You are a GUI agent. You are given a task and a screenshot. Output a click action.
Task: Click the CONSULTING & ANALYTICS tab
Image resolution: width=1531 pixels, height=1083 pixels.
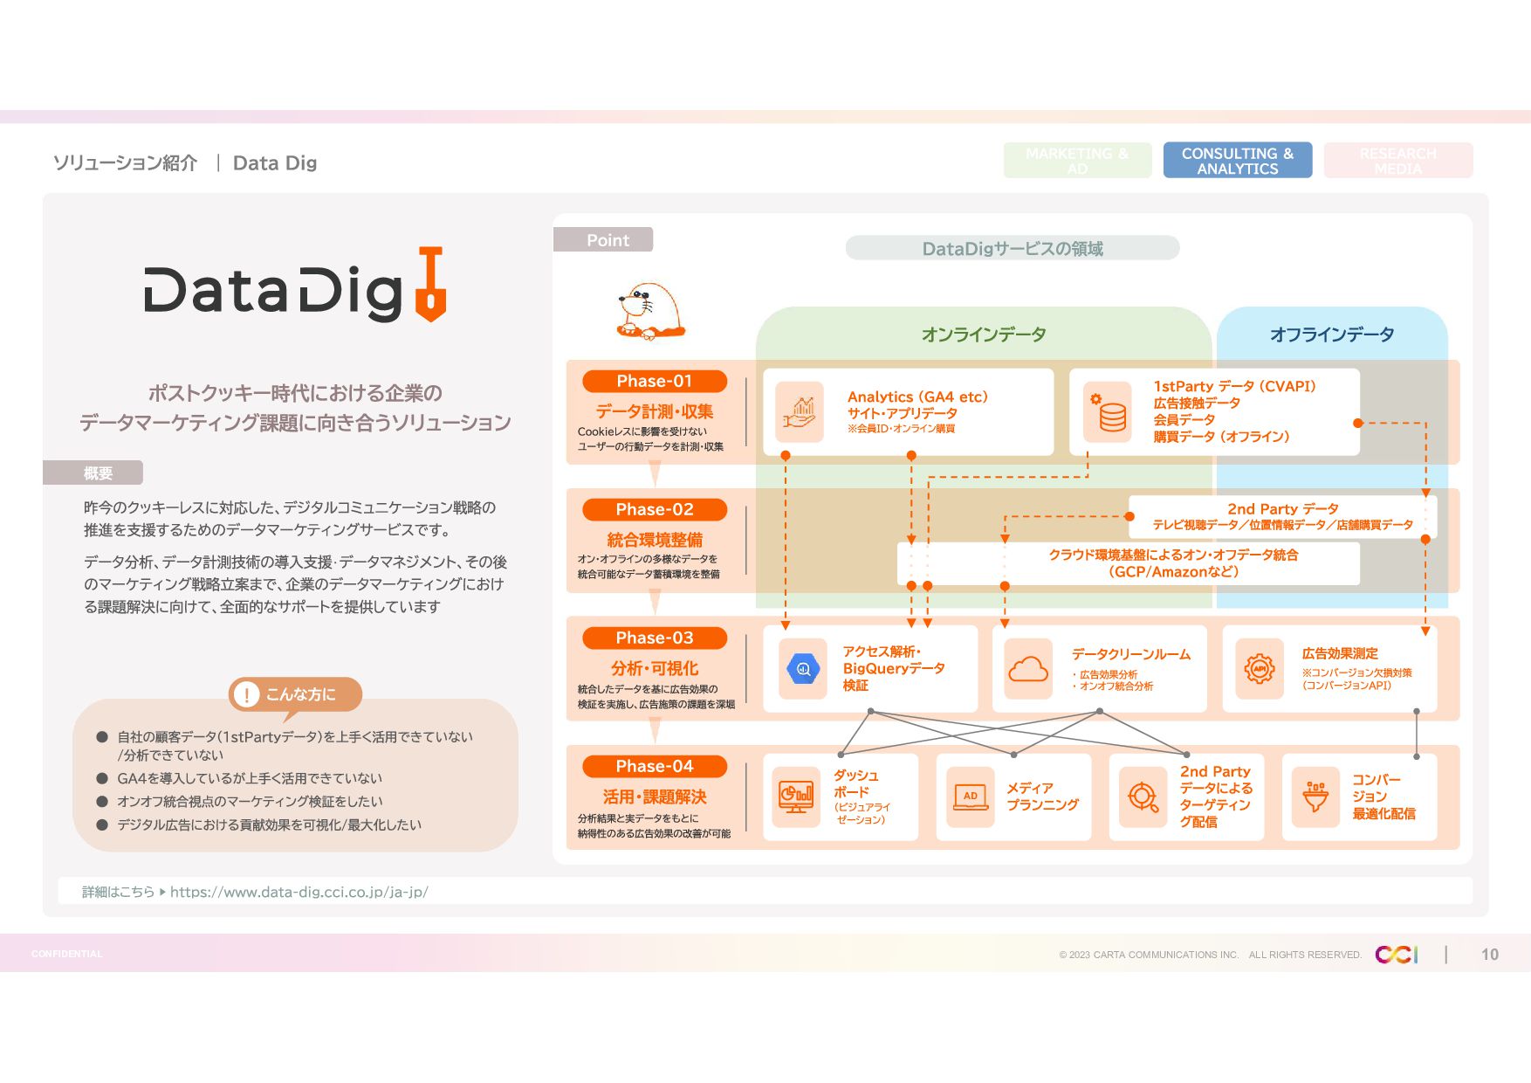click(1237, 161)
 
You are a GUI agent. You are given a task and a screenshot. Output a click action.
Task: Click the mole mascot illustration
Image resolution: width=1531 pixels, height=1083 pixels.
click(650, 311)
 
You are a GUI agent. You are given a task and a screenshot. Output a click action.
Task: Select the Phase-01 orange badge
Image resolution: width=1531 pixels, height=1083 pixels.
click(654, 382)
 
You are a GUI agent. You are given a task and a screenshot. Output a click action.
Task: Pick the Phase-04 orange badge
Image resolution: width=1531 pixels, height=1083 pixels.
click(654, 767)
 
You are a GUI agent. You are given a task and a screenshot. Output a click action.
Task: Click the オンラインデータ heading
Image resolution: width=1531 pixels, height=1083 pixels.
click(983, 335)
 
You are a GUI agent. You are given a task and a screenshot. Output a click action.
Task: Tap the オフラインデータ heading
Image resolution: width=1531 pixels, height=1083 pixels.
click(1331, 335)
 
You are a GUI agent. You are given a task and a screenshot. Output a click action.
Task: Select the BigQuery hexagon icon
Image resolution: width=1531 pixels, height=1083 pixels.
click(803, 669)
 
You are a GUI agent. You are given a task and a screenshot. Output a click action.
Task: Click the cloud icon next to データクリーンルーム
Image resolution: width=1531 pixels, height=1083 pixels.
click(1028, 669)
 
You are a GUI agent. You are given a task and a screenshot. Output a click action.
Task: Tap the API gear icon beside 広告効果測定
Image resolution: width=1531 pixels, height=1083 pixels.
click(1259, 669)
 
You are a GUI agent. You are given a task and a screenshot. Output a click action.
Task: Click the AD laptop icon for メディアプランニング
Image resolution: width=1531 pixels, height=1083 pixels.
click(971, 797)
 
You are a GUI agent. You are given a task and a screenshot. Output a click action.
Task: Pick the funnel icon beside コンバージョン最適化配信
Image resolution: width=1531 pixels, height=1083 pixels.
click(1315, 797)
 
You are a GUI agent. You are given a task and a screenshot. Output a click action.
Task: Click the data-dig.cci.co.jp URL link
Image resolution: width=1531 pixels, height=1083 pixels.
click(299, 892)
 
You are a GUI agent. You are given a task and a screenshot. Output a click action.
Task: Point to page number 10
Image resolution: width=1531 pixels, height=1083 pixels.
click(1489, 955)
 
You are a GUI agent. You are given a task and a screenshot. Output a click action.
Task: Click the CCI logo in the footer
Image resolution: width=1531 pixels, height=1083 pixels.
click(1396, 955)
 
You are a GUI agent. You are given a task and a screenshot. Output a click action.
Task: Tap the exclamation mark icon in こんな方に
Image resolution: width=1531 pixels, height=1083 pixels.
click(247, 694)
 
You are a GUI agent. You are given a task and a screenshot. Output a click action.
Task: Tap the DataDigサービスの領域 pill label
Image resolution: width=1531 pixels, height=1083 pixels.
click(1013, 249)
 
